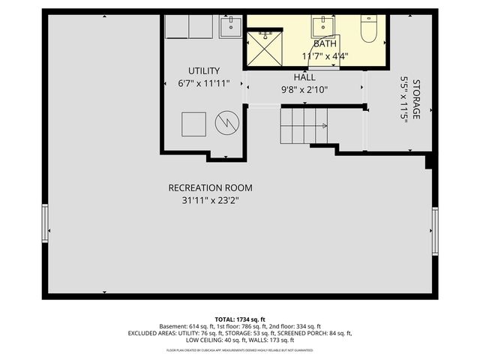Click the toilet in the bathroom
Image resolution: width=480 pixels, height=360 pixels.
369,28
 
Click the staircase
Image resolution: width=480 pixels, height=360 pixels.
303,125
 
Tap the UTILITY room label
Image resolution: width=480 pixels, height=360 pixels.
203,70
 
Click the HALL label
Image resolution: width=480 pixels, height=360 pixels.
304,77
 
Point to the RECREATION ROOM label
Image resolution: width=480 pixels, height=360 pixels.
210,187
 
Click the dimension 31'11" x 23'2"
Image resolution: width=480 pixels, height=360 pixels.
210,200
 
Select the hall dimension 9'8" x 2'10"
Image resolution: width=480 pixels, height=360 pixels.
304,89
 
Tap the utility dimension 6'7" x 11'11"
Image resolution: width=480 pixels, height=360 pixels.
203,83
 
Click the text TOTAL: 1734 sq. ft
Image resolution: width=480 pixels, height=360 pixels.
240,319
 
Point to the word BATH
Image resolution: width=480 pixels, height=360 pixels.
325,43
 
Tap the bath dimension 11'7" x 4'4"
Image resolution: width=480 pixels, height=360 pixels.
325,56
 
